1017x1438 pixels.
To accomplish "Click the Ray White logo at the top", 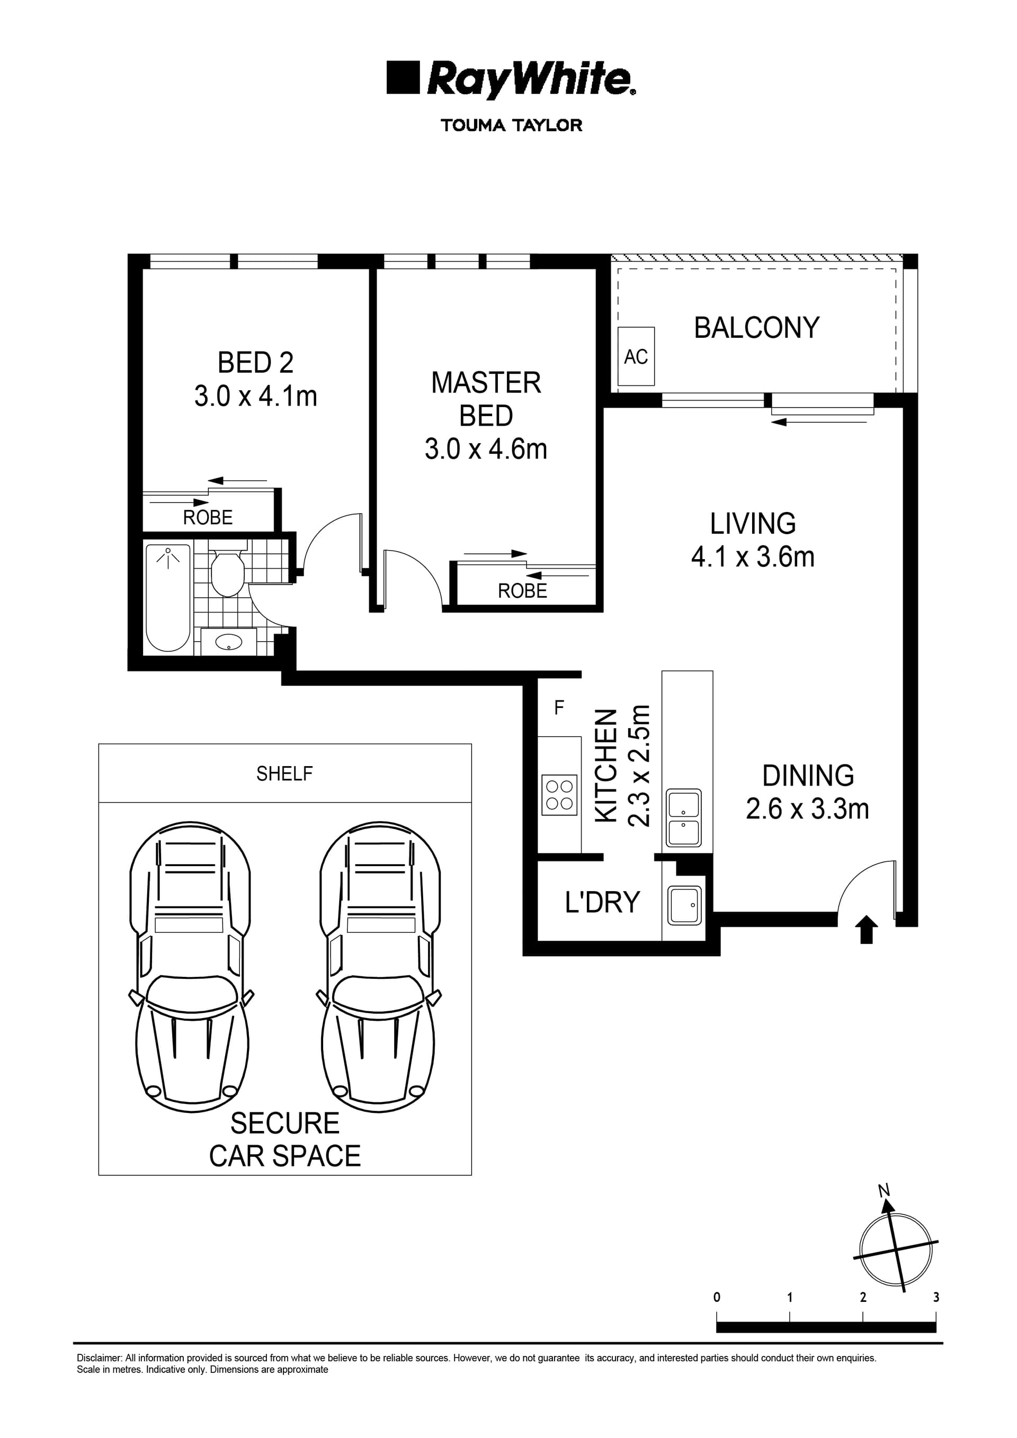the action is tap(511, 79).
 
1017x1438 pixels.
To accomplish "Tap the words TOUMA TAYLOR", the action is tap(511, 125).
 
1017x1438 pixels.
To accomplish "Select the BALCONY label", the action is tap(756, 328).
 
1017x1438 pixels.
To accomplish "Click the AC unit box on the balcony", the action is tap(636, 356).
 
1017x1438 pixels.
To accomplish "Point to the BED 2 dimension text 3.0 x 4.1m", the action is tap(256, 396).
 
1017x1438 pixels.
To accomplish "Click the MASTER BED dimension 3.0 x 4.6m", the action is tap(486, 449).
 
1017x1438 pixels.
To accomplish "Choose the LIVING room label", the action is tap(753, 523).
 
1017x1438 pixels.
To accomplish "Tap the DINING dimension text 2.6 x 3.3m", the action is tap(807, 808).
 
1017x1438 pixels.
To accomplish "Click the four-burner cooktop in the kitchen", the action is tap(559, 795).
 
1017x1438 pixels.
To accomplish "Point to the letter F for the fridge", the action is tap(559, 708).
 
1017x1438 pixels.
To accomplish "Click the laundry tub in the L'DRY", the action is tap(685, 905).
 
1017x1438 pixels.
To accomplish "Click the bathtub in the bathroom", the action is tap(168, 598).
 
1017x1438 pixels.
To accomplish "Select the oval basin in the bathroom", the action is tap(229, 641).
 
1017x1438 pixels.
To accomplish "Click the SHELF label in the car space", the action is tap(284, 774).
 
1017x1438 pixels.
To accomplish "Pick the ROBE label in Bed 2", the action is tap(208, 517).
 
